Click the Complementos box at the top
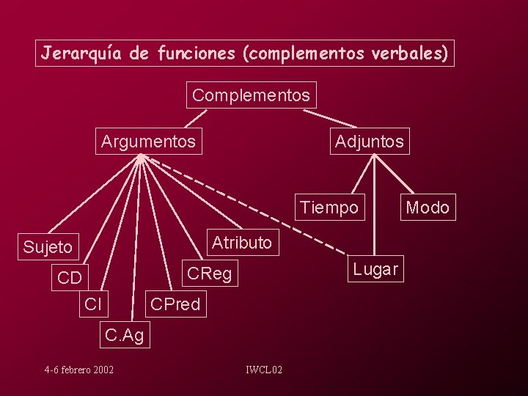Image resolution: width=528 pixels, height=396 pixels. coord(252,95)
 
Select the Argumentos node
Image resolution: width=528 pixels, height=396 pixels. coord(149,141)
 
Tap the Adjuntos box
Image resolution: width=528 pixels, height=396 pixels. coord(370,141)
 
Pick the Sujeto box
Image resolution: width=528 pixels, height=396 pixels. coord(48,247)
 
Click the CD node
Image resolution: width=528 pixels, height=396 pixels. coord(70,277)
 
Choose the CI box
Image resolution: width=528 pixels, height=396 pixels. coord(94,304)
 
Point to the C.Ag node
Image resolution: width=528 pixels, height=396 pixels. coord(125,334)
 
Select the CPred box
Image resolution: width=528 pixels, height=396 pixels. coord(176,304)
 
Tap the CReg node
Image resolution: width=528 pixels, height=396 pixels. coord(210,273)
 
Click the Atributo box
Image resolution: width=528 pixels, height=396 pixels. coord(243,243)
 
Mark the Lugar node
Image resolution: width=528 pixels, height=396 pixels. coord(375,268)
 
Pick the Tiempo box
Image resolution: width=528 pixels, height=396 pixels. coord(330,207)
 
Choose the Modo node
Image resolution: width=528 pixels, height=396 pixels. coord(428,207)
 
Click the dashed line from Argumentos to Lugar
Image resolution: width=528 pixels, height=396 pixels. coord(245,205)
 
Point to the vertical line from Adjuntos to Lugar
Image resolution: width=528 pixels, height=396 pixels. coord(374,205)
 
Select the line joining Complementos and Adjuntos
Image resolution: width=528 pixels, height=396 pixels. coord(330,119)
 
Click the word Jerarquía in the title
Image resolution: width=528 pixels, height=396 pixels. coord(81,54)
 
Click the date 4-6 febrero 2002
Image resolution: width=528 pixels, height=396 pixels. coord(78,370)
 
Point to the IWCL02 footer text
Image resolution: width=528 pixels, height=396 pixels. coord(264,370)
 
